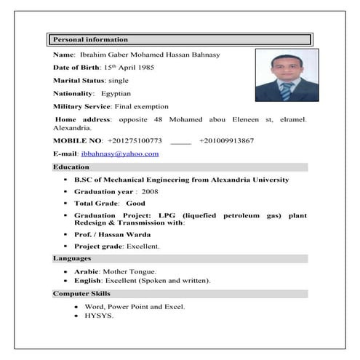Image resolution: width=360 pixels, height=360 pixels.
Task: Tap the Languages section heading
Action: (x=71, y=258)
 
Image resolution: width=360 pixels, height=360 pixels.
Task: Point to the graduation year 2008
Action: (x=150, y=191)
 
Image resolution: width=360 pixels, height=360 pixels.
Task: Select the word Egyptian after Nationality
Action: (x=116, y=93)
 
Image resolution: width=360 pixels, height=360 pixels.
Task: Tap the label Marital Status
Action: (x=79, y=80)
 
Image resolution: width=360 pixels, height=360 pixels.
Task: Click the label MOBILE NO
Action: (x=76, y=140)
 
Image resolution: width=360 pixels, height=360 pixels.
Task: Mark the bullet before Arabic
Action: (x=66, y=271)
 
